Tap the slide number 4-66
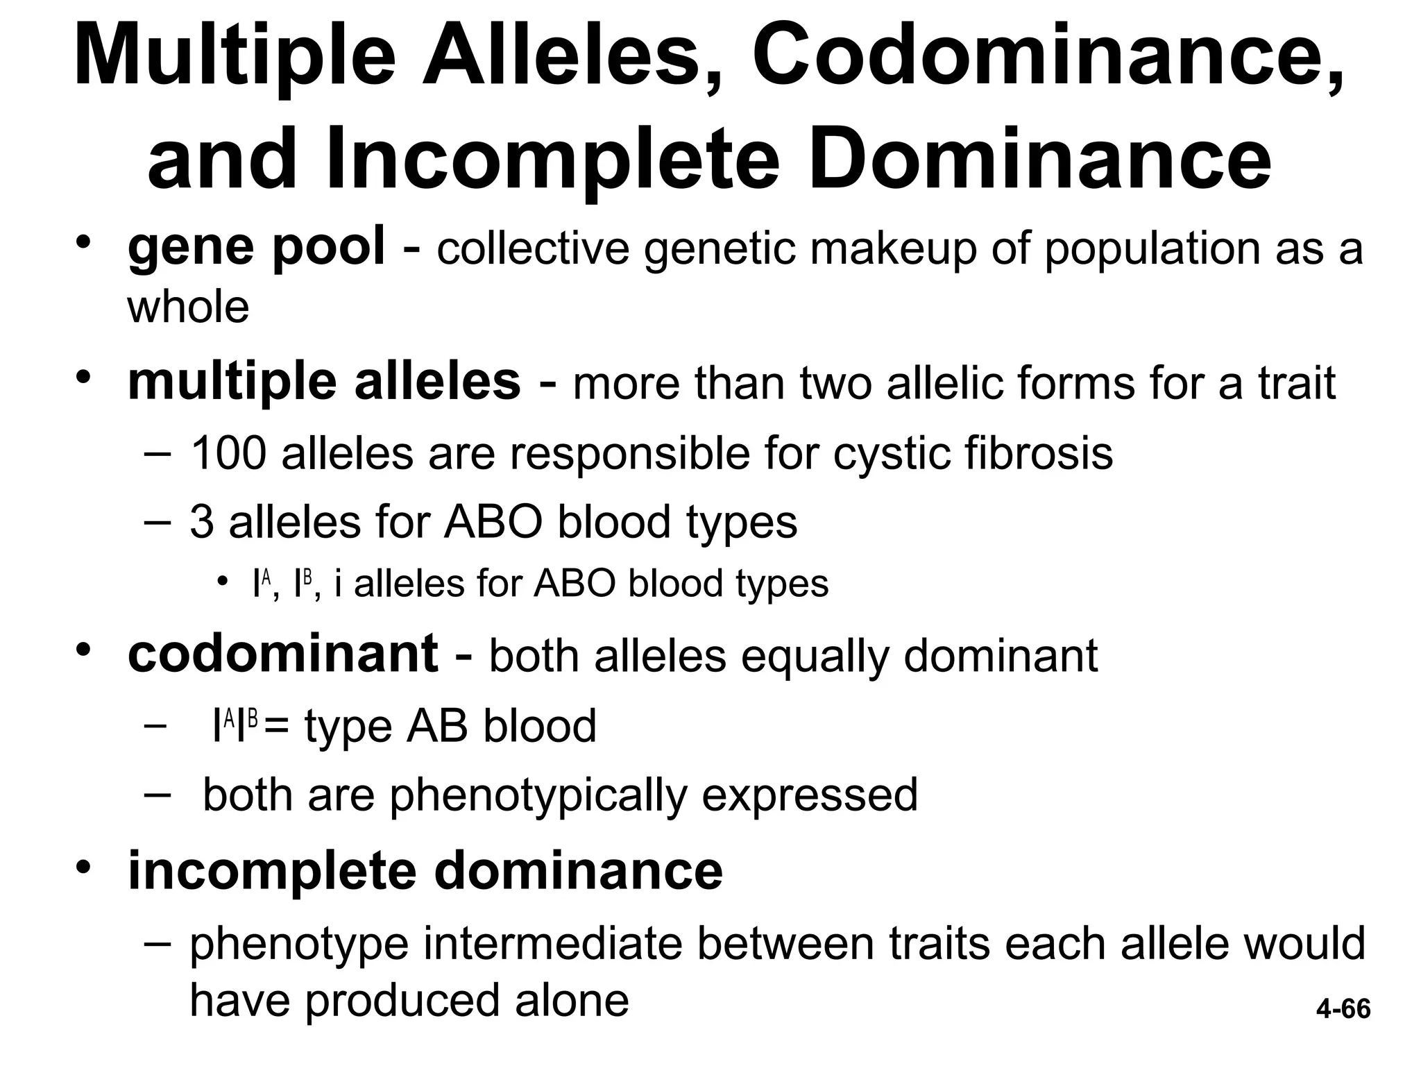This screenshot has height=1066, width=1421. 1343,1008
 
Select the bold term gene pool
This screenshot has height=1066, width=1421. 256,247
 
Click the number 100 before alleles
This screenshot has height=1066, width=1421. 228,452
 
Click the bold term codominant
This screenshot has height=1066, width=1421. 283,654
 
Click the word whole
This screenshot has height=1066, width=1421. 188,307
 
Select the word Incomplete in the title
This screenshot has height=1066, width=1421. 554,159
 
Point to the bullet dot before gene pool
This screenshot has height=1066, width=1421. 83,242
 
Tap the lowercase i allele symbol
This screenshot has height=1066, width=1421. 338,583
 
